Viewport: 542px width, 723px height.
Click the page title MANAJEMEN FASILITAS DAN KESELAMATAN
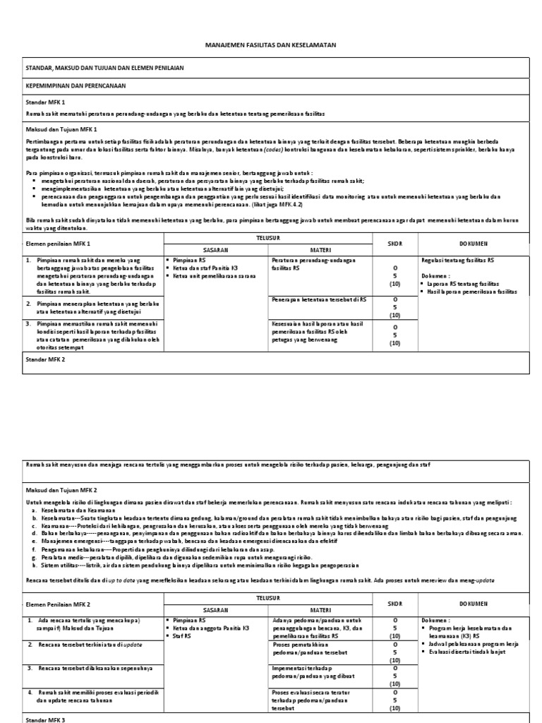(x=270, y=44)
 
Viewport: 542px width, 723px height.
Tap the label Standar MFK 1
(x=44, y=102)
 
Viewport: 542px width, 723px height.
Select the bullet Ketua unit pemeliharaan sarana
(x=215, y=276)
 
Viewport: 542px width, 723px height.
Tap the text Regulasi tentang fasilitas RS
(x=466, y=261)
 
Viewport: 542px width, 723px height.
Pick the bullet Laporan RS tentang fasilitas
(x=474, y=283)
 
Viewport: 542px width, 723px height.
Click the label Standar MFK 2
(x=44, y=359)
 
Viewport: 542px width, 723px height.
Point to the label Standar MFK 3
(x=44, y=718)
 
